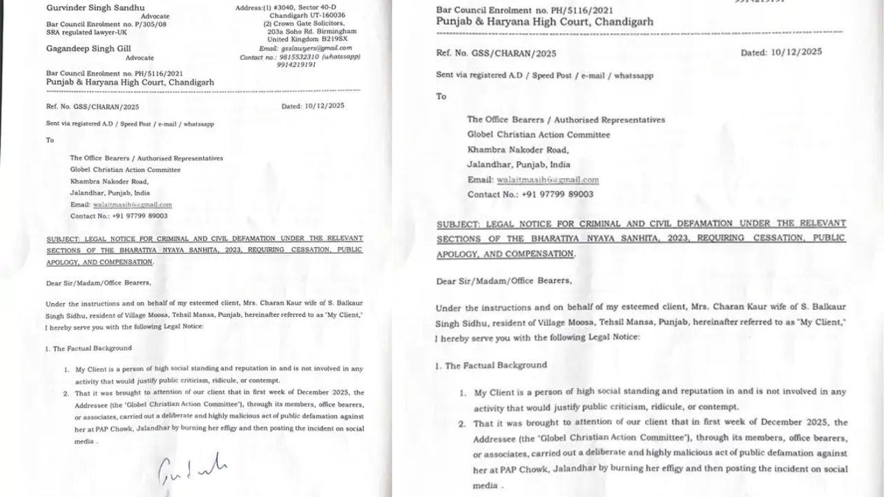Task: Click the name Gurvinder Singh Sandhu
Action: [90, 7]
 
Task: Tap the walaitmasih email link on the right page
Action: [548, 180]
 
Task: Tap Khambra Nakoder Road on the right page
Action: [518, 150]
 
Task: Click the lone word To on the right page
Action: [441, 96]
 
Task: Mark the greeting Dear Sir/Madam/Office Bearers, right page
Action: [504, 281]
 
